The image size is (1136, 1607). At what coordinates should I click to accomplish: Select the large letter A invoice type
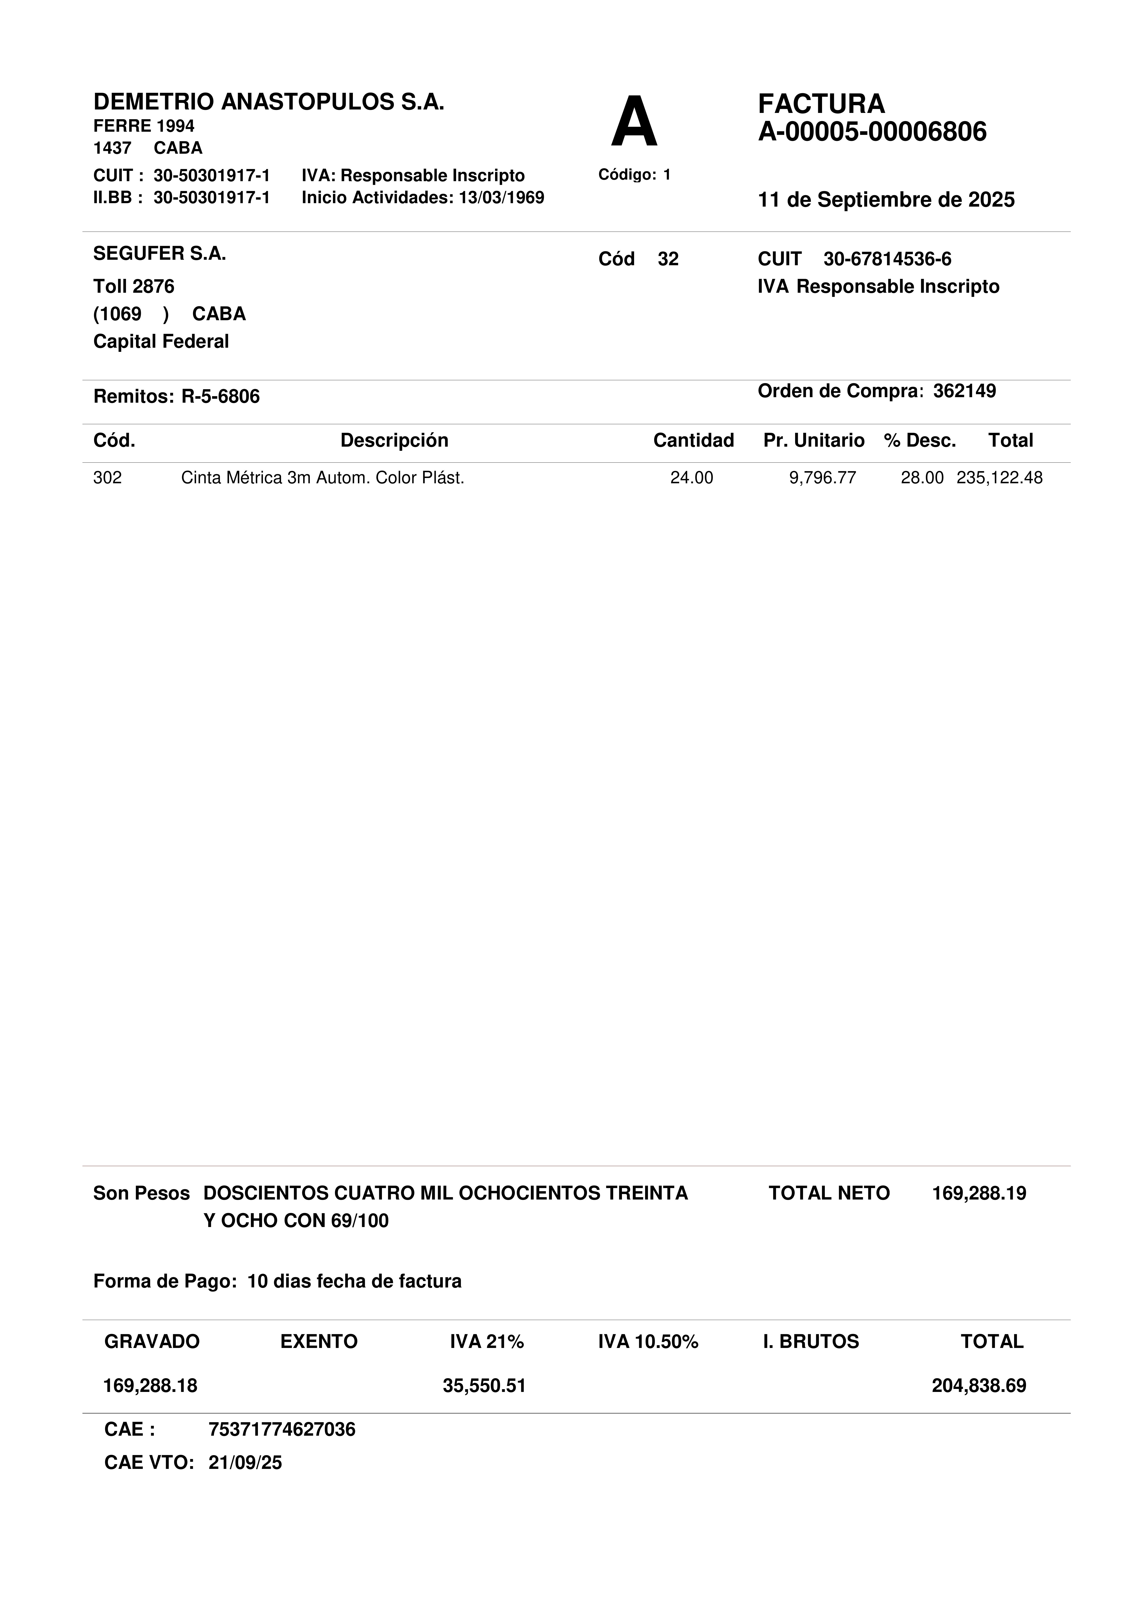[x=634, y=123]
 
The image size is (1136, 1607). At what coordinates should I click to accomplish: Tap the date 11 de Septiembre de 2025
[x=886, y=200]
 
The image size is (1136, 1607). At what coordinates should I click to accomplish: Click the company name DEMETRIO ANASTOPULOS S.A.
[x=269, y=102]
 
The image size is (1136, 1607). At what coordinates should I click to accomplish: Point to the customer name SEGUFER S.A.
[x=160, y=253]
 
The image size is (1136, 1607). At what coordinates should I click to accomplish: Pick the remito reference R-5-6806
[x=221, y=397]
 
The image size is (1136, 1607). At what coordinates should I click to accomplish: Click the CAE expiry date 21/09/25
[x=245, y=1463]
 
